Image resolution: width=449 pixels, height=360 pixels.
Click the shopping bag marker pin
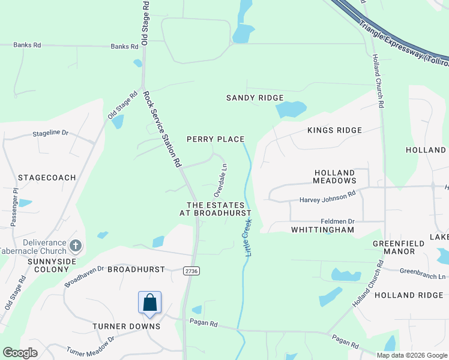click(149, 302)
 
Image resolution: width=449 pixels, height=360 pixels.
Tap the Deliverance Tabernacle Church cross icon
click(76, 245)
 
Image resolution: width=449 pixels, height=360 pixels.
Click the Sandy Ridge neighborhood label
click(255, 98)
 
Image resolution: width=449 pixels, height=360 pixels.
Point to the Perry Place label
click(215, 139)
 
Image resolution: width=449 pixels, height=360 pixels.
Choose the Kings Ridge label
click(334, 130)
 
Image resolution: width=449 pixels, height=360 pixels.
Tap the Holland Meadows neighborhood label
click(335, 176)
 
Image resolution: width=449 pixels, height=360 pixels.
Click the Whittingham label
click(322, 230)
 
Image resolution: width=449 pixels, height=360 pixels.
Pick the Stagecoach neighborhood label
click(47, 178)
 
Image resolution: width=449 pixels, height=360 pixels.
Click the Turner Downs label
click(126, 326)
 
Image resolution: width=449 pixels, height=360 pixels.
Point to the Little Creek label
click(248, 238)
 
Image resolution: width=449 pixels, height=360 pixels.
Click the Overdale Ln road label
click(220, 181)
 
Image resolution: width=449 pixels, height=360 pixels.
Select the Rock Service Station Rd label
click(162, 128)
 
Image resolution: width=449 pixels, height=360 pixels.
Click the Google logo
click(20, 353)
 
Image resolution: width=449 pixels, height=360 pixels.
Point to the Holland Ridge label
click(403, 295)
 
